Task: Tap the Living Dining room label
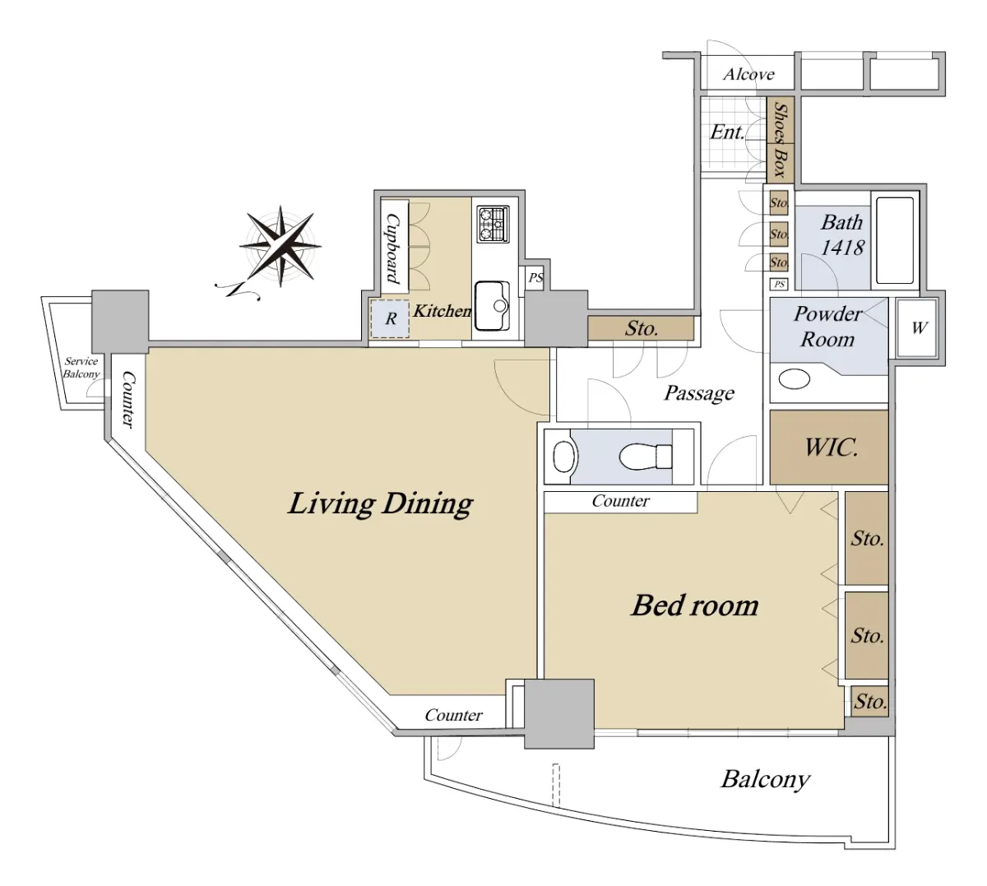[x=380, y=503]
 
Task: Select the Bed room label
[x=695, y=605]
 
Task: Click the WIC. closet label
[x=831, y=448]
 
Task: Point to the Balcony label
[x=765, y=778]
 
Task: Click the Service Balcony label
[x=81, y=368]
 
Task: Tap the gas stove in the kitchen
[x=493, y=225]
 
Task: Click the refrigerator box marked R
[x=391, y=318]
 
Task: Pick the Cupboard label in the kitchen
[x=393, y=248]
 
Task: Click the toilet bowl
[x=647, y=455]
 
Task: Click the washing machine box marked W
[x=918, y=327]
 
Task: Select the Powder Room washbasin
[x=795, y=379]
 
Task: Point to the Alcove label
[x=748, y=74]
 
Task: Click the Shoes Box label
[x=780, y=139]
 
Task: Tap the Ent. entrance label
[x=727, y=132]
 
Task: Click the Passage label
[x=699, y=393]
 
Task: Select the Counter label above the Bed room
[x=621, y=501]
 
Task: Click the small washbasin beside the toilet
[x=563, y=456]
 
